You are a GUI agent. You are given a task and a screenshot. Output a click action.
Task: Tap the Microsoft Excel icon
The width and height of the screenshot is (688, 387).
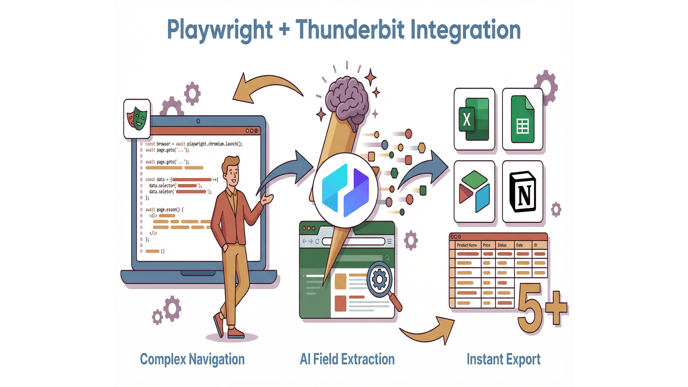point(474,119)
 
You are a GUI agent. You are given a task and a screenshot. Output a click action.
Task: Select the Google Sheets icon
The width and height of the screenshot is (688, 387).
point(522,119)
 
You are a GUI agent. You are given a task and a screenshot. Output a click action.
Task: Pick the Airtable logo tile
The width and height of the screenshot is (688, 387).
point(474,192)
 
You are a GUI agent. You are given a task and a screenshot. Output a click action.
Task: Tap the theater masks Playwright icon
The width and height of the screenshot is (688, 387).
point(137,119)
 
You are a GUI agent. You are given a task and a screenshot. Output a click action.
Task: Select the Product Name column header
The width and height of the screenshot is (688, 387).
point(467,245)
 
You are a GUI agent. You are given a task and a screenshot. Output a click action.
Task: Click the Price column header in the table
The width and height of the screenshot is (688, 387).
point(486,245)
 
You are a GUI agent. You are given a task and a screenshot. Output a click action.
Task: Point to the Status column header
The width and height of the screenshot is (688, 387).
point(502,245)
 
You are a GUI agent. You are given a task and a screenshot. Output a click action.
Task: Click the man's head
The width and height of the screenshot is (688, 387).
point(231,170)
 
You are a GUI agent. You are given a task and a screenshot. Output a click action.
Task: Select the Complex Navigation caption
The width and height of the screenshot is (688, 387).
point(192,359)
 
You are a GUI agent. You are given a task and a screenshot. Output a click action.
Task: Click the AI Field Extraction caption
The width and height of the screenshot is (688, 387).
point(347,359)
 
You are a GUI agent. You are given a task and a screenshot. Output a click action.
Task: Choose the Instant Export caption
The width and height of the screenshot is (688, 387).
point(504,359)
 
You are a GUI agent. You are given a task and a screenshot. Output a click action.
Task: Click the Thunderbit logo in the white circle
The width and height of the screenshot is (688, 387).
point(345,190)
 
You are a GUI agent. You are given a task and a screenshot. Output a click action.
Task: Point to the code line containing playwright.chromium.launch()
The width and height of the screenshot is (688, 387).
point(194,144)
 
